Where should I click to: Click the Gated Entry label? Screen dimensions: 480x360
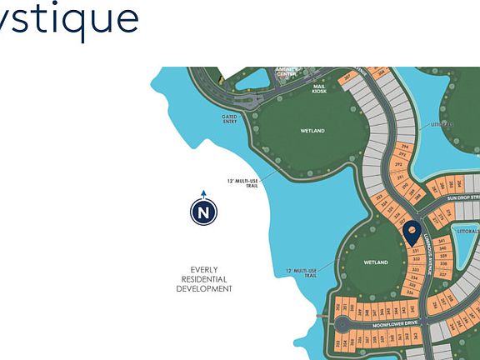pos(229,119)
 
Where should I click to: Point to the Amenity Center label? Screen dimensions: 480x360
pos(286,72)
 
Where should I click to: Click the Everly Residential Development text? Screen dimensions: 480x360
pos(204,278)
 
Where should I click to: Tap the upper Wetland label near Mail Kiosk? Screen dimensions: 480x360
pos(312,131)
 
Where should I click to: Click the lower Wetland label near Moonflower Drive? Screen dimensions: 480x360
pos(377,262)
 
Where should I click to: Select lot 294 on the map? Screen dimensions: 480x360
pos(404,145)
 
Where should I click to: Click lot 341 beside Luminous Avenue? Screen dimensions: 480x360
pos(443,240)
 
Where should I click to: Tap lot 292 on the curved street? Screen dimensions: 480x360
pos(398,165)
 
